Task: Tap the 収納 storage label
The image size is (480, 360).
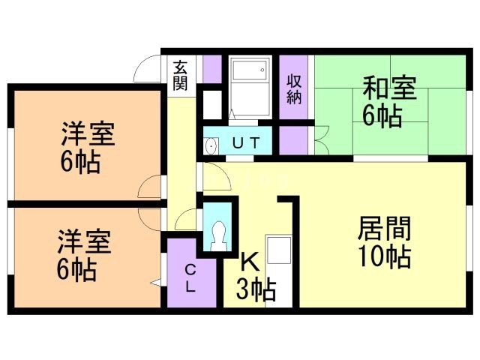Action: pyautogui.click(x=294, y=86)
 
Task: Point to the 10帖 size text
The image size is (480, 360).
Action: pyautogui.click(x=384, y=257)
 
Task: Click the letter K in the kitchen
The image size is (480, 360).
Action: pyautogui.click(x=249, y=261)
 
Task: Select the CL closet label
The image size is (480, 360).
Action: pyautogui.click(x=190, y=278)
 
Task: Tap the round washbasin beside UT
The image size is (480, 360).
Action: pyautogui.click(x=211, y=145)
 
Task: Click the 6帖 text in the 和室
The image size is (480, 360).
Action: pyautogui.click(x=382, y=117)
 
